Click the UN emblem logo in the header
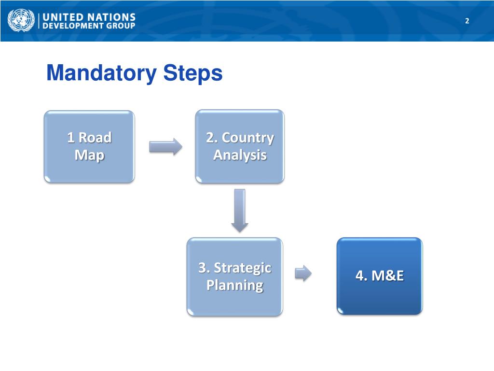21,21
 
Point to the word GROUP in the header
121,26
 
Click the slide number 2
467,21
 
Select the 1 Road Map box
89,146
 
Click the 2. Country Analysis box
240,146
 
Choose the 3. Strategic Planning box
234,276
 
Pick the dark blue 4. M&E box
379,276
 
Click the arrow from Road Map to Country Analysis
165,146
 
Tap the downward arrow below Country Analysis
239,210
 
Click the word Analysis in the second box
240,156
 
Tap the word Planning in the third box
234,285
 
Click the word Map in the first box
89,156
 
